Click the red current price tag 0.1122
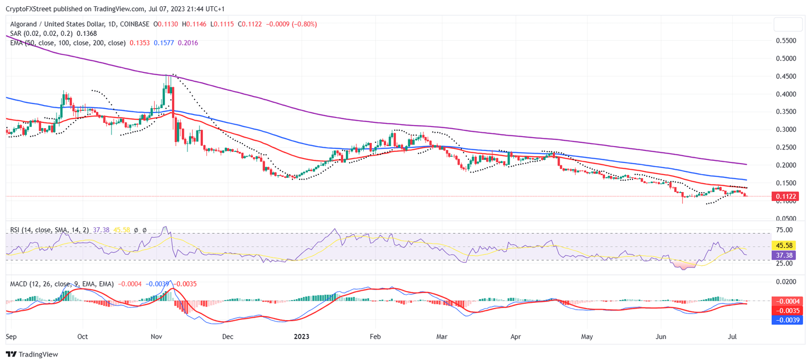click(x=785, y=196)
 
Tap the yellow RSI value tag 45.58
click(x=785, y=245)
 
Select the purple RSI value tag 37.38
click(x=785, y=255)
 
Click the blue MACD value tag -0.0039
click(x=785, y=320)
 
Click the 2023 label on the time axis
click(x=301, y=336)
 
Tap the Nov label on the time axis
click(x=156, y=336)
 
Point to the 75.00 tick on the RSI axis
click(x=785, y=230)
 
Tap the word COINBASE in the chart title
click(x=135, y=24)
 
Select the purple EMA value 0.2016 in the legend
click(x=188, y=43)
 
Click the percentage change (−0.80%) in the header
click(x=301, y=24)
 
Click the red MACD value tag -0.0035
click(x=785, y=310)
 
